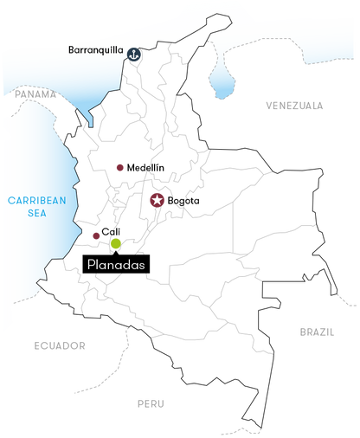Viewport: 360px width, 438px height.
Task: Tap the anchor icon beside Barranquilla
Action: click(134, 55)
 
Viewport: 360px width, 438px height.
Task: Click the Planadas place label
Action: click(115, 264)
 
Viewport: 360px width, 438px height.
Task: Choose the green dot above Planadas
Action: click(116, 243)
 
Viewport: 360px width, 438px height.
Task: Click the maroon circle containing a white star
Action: click(157, 201)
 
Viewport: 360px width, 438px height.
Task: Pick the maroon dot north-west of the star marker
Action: click(119, 167)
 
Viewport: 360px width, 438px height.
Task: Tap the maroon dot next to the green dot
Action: click(95, 235)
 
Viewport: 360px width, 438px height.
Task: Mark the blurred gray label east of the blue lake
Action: click(294, 106)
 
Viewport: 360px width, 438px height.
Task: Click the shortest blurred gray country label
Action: click(150, 403)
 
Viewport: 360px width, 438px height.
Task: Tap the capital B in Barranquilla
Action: click(71, 50)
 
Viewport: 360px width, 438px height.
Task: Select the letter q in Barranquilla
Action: click(102, 51)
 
